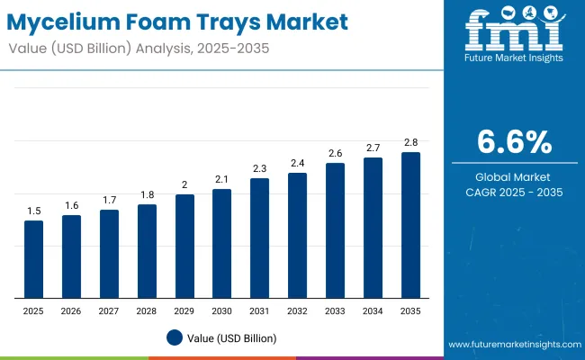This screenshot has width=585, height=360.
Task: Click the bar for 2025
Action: (x=33, y=259)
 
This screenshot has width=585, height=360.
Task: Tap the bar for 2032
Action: (x=297, y=235)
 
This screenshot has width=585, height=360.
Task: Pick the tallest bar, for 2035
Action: (x=410, y=225)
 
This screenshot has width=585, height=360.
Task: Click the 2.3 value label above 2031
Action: (x=259, y=168)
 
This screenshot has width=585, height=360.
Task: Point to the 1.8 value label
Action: (x=147, y=194)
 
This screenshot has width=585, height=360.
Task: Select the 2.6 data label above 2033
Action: (x=335, y=153)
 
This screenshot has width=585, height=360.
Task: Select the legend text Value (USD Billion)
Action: (x=233, y=337)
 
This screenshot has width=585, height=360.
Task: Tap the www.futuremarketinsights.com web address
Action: (x=511, y=345)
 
